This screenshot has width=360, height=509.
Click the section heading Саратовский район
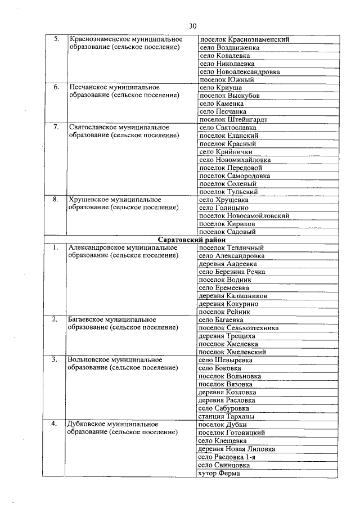coord(192,240)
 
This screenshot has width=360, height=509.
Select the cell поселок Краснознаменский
coord(244,40)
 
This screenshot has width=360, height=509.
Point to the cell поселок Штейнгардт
coord(233,120)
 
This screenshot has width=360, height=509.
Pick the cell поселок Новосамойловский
coord(244,215)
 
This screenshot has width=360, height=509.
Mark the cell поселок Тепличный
coord(231,247)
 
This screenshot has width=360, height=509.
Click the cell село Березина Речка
coord(232,272)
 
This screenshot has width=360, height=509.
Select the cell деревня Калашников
coord(233,296)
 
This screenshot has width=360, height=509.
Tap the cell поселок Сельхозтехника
coord(239,328)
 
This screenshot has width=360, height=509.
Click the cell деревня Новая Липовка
coord(237,449)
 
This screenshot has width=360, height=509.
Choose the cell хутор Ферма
coord(219,473)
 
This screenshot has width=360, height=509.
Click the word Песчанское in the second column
coord(89,88)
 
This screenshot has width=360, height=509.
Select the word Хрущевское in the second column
coord(89,200)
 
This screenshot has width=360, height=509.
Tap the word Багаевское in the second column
coord(87,319)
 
